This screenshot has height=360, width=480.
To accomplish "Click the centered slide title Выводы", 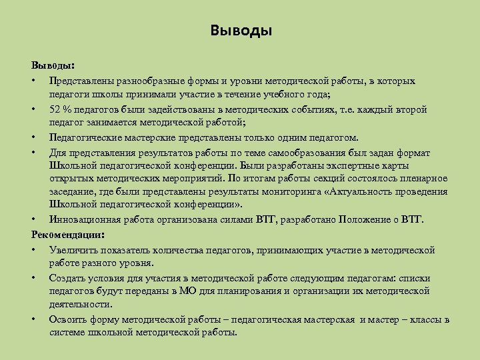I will pos(241,31).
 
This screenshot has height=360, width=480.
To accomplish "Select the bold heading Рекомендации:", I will pos(67,235).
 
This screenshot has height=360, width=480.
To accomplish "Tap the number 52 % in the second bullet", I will pos(61,109).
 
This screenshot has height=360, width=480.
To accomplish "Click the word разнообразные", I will pos(152,81).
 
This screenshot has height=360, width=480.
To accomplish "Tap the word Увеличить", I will pos(71,250).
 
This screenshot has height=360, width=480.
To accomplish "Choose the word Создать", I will pos(67,278).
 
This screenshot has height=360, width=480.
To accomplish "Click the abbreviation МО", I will pos(187,291).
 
